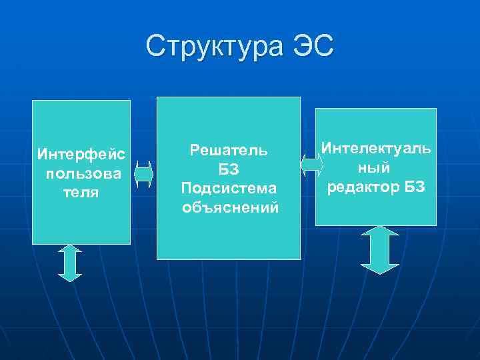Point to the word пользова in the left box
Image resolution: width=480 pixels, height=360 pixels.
point(83,174)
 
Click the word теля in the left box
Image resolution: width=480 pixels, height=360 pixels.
point(81,193)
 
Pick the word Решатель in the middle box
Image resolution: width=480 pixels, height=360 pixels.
point(229,150)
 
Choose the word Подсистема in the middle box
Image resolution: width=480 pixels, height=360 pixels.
point(229,189)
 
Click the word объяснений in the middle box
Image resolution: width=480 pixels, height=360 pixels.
point(230,208)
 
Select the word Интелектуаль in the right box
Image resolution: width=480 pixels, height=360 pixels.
point(376,147)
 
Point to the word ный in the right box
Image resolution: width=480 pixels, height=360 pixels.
point(376,166)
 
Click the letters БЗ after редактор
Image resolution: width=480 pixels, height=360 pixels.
point(413,185)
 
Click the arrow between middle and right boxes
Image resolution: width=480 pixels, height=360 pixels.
point(308,165)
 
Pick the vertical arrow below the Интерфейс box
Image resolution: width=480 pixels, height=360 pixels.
point(70,263)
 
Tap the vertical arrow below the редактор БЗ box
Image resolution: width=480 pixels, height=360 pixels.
point(379,250)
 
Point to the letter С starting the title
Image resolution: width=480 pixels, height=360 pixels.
point(156,47)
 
